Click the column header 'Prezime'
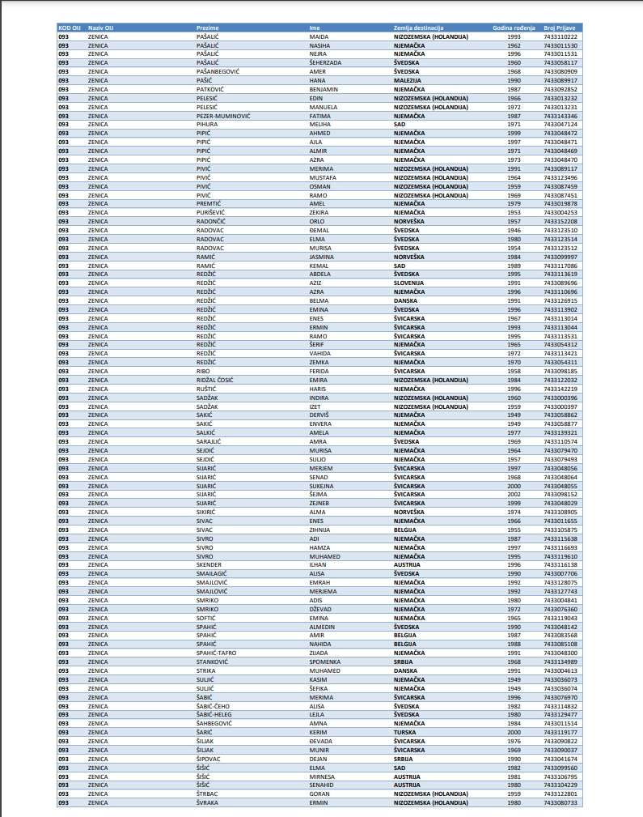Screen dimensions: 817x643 click(x=208, y=28)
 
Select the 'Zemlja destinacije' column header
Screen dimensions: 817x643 click(x=419, y=28)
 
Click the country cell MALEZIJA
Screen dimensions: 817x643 click(x=407, y=80)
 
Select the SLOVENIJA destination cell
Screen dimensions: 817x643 click(x=409, y=283)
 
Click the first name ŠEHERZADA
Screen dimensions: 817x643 click(x=328, y=62)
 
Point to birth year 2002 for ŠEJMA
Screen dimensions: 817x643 click(x=514, y=494)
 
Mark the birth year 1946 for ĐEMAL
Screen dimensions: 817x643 click(x=514, y=230)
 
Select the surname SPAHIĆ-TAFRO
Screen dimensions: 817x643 click(x=215, y=652)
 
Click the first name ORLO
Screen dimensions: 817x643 click(x=317, y=221)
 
